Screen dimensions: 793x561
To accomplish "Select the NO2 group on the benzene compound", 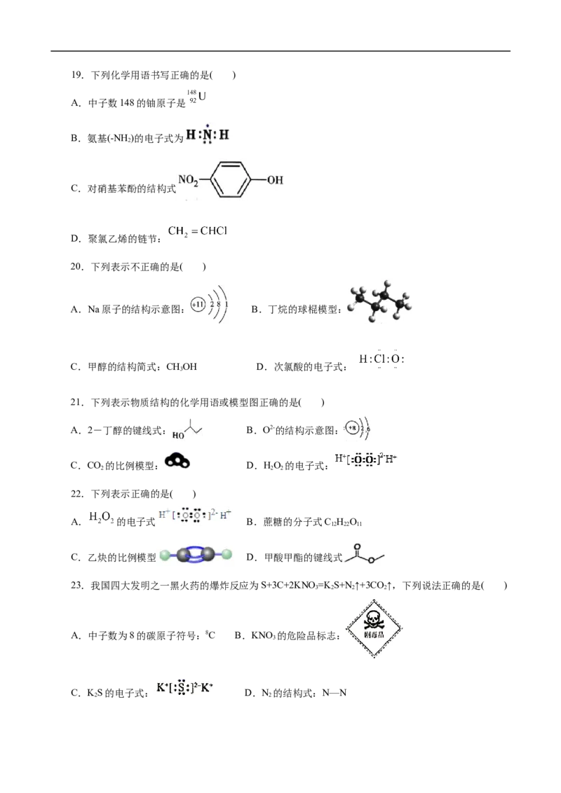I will tap(188, 180).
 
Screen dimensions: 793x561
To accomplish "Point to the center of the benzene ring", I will tap(231, 180).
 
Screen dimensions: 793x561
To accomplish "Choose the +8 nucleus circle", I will tap(352, 427).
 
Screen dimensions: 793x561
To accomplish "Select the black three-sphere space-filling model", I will tap(176, 460).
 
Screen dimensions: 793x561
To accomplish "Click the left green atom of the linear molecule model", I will tap(164, 556).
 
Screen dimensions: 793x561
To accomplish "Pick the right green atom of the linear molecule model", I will tap(227, 556).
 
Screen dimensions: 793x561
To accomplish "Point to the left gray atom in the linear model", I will tap(184, 556).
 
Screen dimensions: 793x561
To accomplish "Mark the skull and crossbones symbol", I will tap(372, 619).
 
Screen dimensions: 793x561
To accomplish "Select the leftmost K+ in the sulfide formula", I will tap(161, 688).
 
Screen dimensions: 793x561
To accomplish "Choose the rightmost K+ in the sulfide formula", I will tap(208, 688).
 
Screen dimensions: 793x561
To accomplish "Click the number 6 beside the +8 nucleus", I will tap(370, 427).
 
